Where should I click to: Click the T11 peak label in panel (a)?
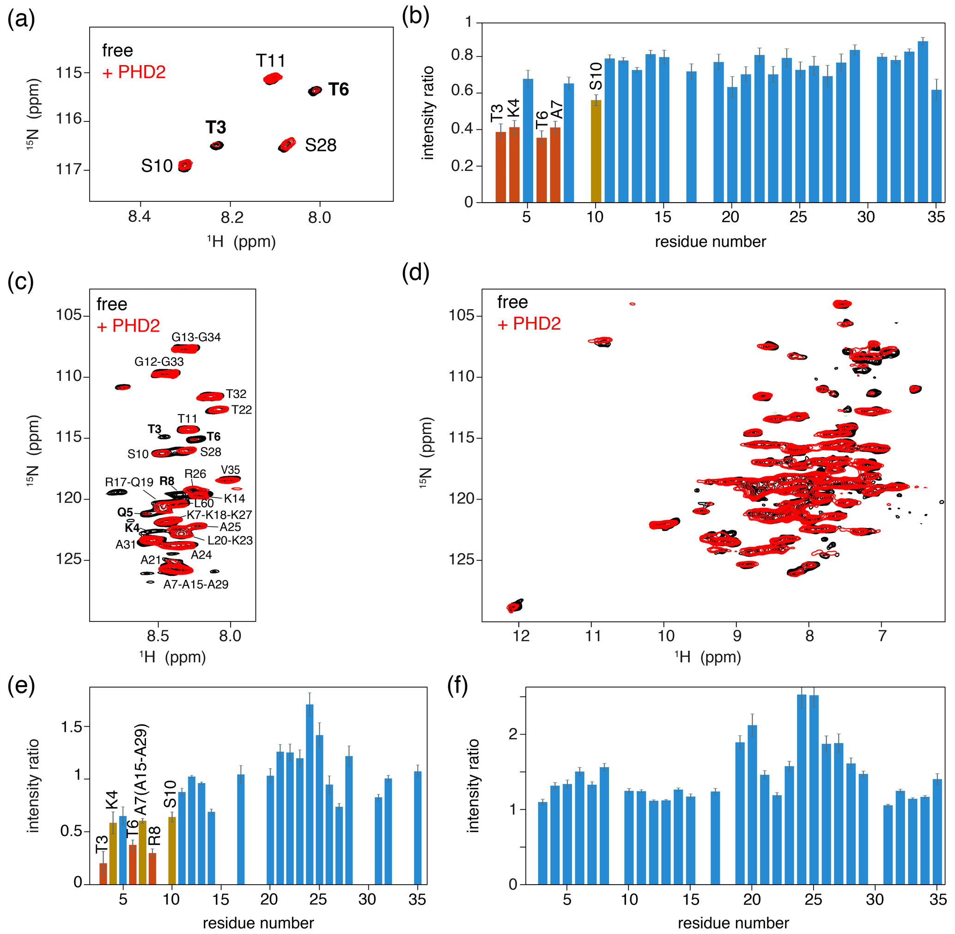point(271,61)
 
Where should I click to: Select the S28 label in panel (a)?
point(321,145)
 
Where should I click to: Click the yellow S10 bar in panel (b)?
point(596,151)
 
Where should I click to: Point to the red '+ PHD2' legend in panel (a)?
point(134,72)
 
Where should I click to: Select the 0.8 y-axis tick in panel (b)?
point(462,56)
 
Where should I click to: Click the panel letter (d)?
point(415,272)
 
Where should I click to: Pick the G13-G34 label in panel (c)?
point(196,337)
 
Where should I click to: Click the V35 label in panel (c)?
point(230,470)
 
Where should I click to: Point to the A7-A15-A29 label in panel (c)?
point(196,584)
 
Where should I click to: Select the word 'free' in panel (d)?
point(512,302)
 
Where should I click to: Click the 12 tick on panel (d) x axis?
point(521,636)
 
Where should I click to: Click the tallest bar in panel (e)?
point(310,794)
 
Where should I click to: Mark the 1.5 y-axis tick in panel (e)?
point(72,727)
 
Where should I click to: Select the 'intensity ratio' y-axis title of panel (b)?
point(428,113)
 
